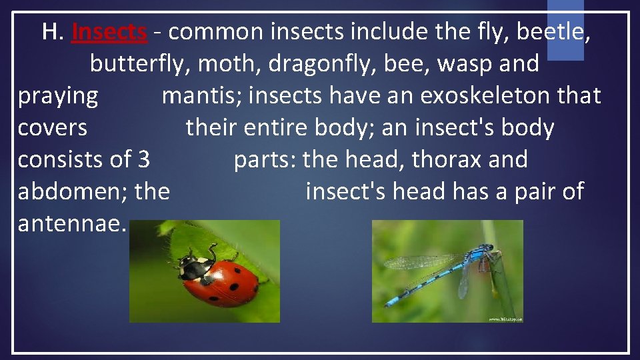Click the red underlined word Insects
(x=109, y=31)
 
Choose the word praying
(x=58, y=96)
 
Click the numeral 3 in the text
(x=143, y=159)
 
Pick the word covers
(x=53, y=127)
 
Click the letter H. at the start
(x=52, y=31)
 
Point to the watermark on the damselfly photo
(x=505, y=319)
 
